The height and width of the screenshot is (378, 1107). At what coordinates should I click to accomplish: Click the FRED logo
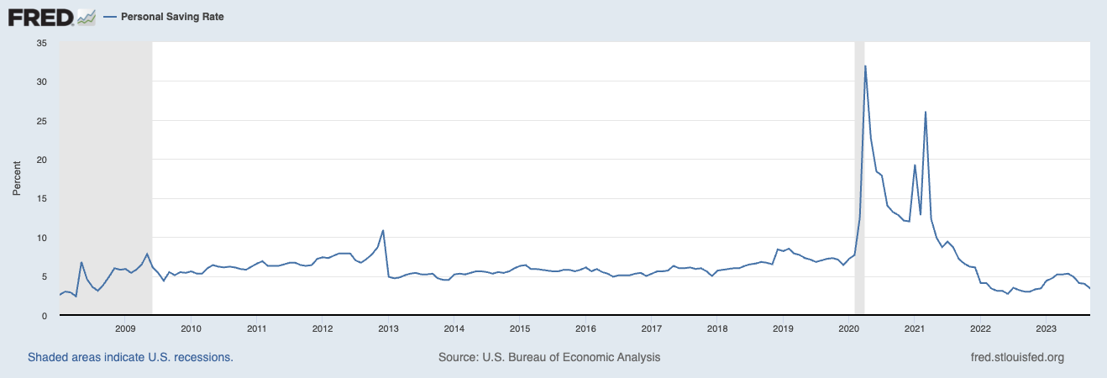(x=41, y=16)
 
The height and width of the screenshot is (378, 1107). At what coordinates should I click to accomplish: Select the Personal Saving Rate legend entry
(x=172, y=17)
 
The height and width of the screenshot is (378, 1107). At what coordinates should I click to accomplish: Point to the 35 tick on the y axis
(x=41, y=43)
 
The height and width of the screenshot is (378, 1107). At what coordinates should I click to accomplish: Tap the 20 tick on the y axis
(x=41, y=160)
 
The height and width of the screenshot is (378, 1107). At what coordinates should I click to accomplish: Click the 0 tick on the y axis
(x=44, y=316)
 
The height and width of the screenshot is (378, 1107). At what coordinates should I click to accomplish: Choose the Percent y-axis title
(x=16, y=179)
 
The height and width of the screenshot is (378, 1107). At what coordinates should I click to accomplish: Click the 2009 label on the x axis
(x=125, y=328)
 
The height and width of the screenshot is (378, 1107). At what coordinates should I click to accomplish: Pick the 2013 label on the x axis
(x=388, y=328)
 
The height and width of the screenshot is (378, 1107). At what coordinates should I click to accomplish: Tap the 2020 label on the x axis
(x=848, y=328)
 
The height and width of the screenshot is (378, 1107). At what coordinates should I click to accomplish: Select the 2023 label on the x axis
(x=1046, y=328)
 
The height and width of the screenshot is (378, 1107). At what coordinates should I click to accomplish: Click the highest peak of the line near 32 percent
(x=865, y=66)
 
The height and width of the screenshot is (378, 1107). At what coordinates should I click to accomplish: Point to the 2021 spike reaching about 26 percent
(x=926, y=112)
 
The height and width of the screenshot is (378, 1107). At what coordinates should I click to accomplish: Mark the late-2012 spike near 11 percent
(x=383, y=230)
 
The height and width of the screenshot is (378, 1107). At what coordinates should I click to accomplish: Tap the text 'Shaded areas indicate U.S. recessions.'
(x=130, y=357)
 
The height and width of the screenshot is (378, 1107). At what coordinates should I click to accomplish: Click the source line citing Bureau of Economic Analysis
(x=549, y=357)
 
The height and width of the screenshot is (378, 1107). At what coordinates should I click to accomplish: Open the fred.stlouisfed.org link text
(x=1017, y=357)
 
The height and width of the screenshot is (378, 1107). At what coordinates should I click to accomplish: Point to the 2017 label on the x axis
(x=651, y=328)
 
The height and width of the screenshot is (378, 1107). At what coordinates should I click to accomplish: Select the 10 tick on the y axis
(x=41, y=238)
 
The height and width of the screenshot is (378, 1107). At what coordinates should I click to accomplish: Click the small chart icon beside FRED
(x=86, y=16)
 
